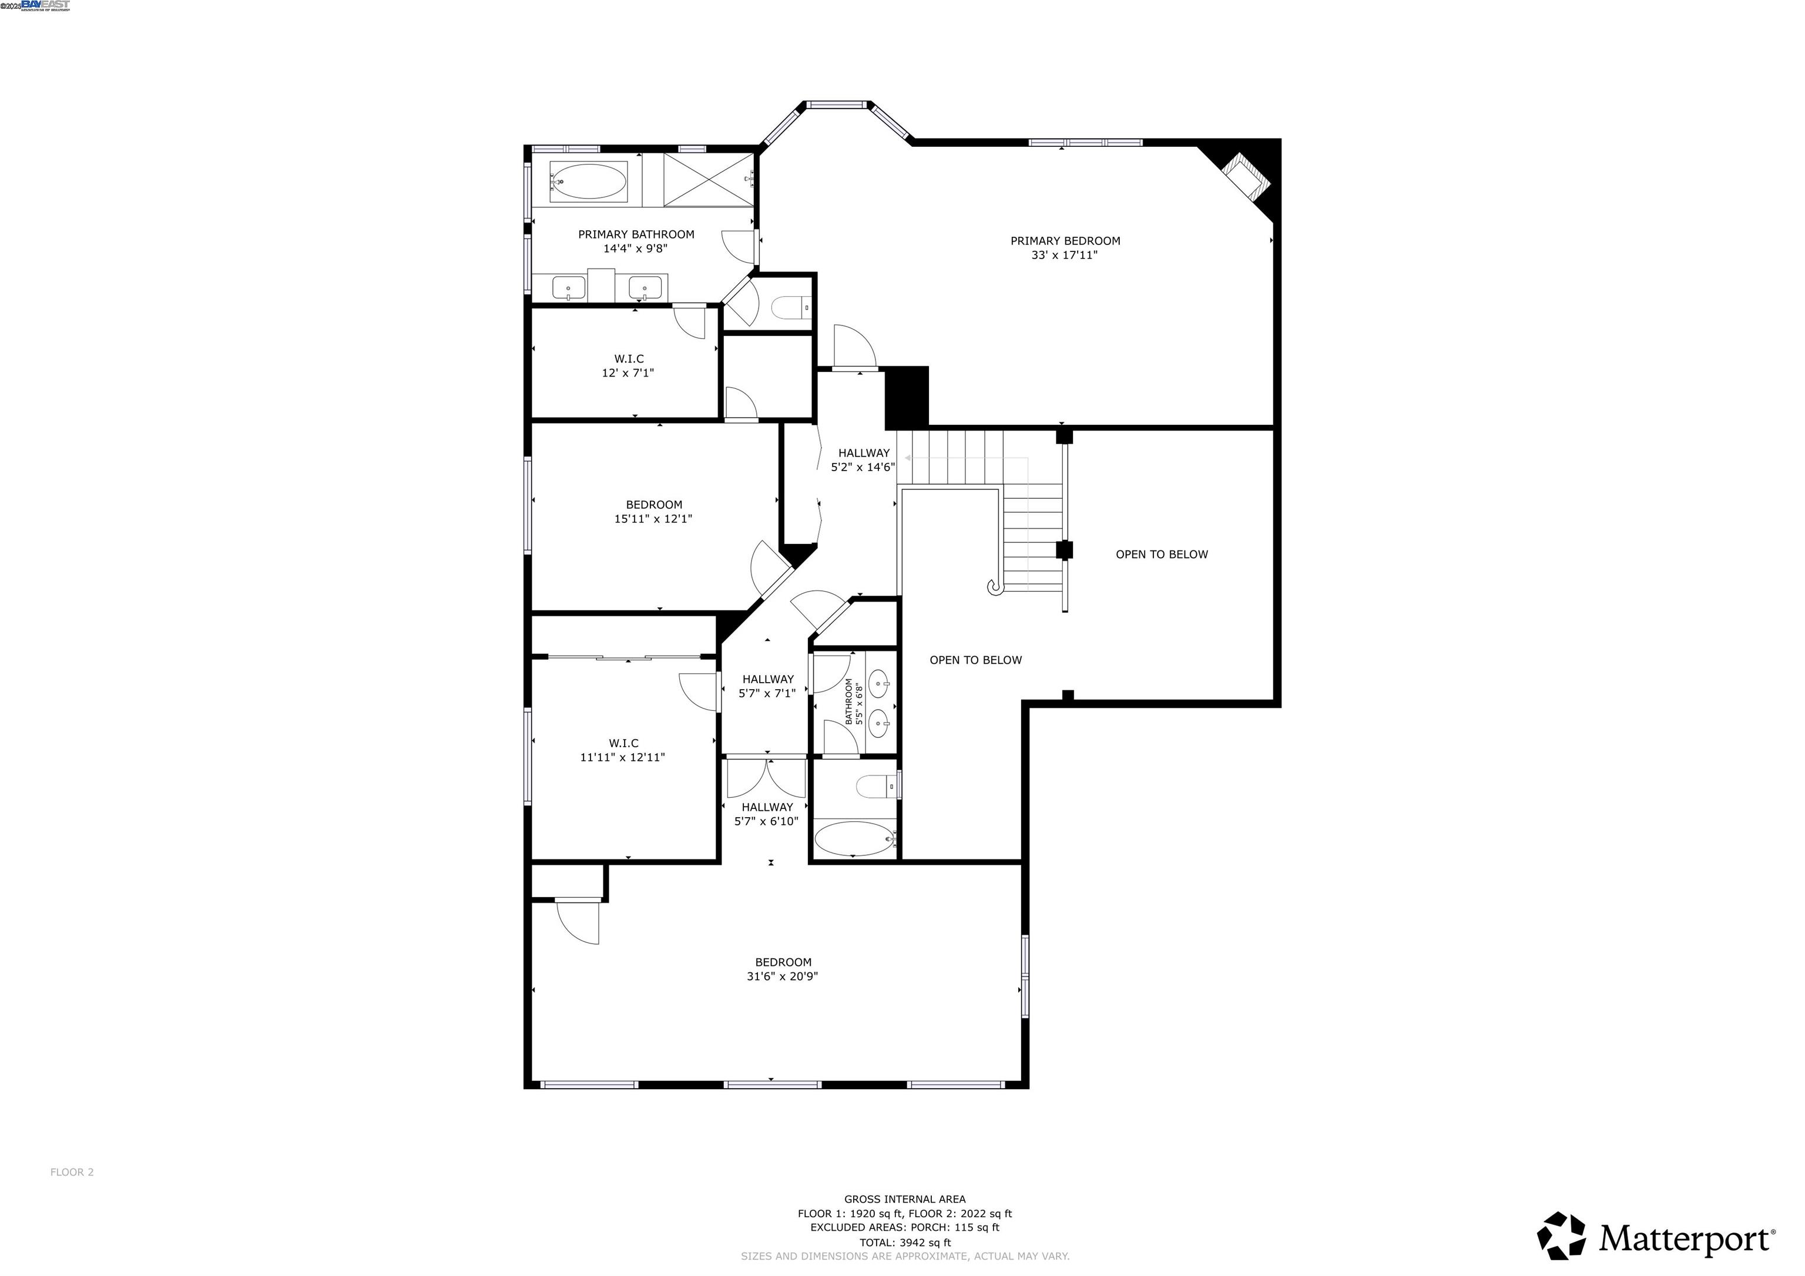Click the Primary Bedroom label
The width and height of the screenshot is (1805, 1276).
1065,241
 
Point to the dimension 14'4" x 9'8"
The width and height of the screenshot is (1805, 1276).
635,249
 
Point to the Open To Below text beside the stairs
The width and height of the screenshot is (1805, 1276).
1161,554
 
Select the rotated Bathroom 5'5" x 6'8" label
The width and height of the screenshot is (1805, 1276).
853,702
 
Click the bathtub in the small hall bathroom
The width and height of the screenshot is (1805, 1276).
854,839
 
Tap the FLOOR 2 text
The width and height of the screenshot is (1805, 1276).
72,1172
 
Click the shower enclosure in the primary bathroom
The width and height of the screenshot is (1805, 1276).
709,180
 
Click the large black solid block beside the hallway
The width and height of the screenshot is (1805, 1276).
907,397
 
